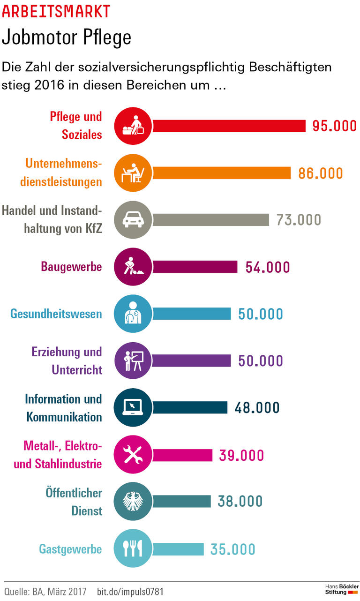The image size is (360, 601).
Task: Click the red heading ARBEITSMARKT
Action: tap(56, 11)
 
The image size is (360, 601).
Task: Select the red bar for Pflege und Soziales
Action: tap(229, 126)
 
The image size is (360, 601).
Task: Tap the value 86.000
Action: tap(321, 173)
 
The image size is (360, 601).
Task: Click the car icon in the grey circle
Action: tap(133, 220)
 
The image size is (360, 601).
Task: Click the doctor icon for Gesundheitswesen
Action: tap(133, 314)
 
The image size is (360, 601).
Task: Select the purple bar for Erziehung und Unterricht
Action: tap(192, 361)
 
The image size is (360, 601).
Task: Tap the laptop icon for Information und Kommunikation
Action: tap(133, 407)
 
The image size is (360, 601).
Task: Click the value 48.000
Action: tap(257, 407)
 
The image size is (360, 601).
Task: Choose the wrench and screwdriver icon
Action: tap(133, 455)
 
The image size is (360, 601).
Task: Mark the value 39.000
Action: tap(241, 455)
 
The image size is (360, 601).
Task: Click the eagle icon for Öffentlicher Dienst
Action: tap(133, 502)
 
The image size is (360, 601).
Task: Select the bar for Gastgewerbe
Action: tap(178, 549)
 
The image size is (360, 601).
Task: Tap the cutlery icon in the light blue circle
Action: tap(133, 549)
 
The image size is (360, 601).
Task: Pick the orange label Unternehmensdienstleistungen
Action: tap(63, 173)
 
